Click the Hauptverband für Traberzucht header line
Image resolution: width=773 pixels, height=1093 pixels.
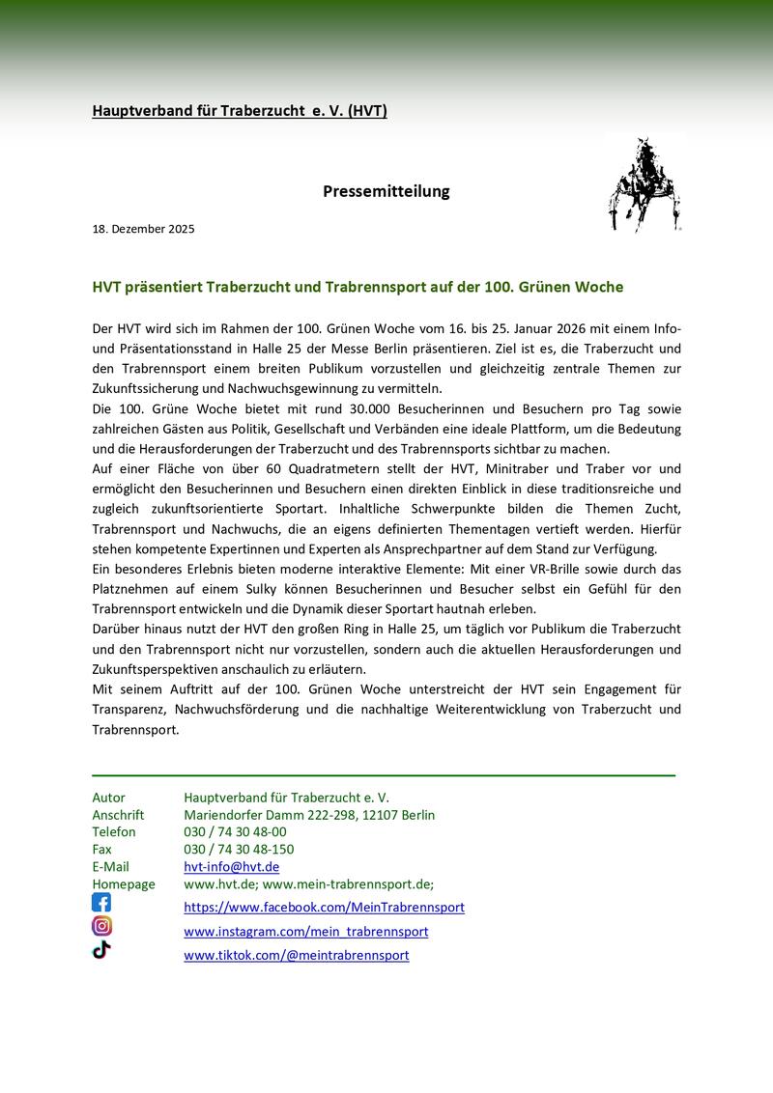pyautogui.click(x=240, y=111)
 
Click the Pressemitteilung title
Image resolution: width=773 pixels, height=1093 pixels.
pyautogui.click(x=386, y=191)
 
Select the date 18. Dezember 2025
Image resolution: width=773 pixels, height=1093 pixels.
pyautogui.click(x=144, y=229)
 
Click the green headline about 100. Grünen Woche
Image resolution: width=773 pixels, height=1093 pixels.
pyautogui.click(x=358, y=288)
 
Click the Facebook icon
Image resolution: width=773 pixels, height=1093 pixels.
pyautogui.click(x=101, y=903)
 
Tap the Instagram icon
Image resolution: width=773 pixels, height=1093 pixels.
pyautogui.click(x=101, y=926)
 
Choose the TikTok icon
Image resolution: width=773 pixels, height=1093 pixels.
pyautogui.click(x=101, y=949)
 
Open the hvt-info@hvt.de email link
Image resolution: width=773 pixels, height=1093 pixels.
pyautogui.click(x=231, y=867)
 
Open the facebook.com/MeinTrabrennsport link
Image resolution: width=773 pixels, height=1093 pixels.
pyautogui.click(x=324, y=908)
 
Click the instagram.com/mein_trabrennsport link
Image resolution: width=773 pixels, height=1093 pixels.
pyautogui.click(x=305, y=932)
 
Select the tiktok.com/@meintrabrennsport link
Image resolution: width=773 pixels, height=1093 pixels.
pyautogui.click(x=296, y=955)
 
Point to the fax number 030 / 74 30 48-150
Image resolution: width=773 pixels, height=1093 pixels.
pyautogui.click(x=239, y=850)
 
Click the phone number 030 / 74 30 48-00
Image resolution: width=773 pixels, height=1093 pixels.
pyautogui.click(x=235, y=831)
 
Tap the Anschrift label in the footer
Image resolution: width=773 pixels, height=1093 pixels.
pyautogui.click(x=118, y=815)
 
